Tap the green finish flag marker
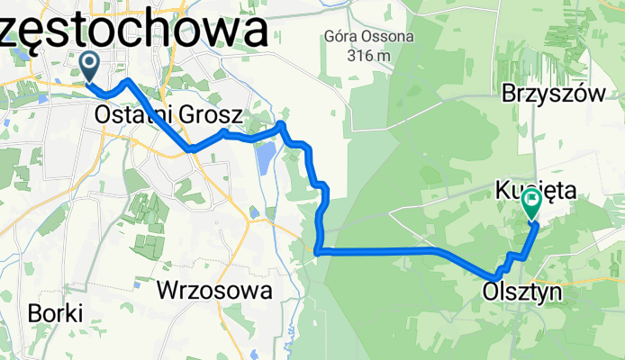click(x=531, y=206)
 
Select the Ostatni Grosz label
click(x=168, y=115)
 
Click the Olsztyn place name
click(x=521, y=292)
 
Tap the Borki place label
click(x=56, y=313)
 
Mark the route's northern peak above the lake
click(x=281, y=124)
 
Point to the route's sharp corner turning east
click(x=319, y=251)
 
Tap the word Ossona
click(x=386, y=38)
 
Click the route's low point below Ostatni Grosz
click(x=191, y=148)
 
